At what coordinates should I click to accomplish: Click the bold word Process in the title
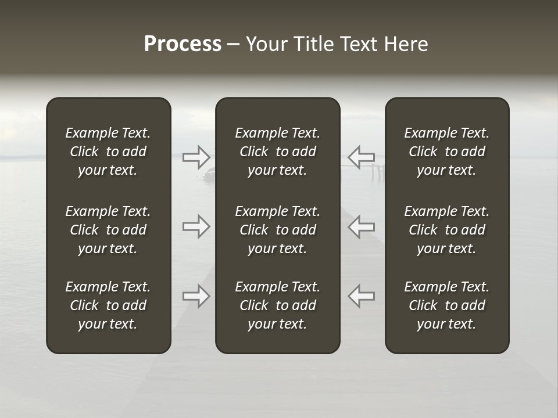click(x=183, y=44)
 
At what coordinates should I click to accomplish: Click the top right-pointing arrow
click(x=196, y=157)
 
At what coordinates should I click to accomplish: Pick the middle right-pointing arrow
click(x=196, y=226)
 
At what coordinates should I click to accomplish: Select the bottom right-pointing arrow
click(x=196, y=296)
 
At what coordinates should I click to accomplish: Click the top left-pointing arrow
click(x=361, y=157)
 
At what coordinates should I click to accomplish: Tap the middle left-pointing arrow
click(x=361, y=226)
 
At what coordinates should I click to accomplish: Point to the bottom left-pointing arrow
click(x=361, y=296)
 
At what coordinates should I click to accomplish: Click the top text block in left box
click(x=108, y=152)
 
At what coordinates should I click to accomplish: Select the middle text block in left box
click(x=108, y=230)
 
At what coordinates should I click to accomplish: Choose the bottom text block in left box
click(x=108, y=305)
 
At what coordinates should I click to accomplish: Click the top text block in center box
click(x=277, y=152)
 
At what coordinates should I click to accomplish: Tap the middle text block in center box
click(x=277, y=230)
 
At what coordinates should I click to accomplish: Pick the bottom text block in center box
click(x=277, y=305)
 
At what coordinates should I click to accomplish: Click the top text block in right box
click(x=446, y=152)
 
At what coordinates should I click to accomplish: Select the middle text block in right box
click(x=446, y=230)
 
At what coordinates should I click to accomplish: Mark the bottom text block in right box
click(x=446, y=305)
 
